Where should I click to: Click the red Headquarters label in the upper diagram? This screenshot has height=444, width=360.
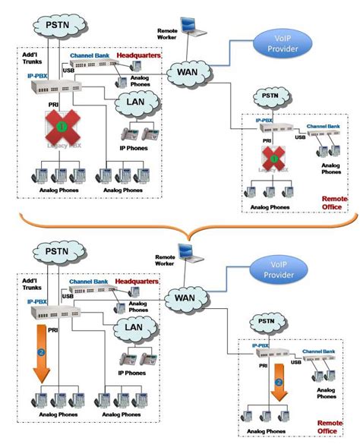coord(137,56)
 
